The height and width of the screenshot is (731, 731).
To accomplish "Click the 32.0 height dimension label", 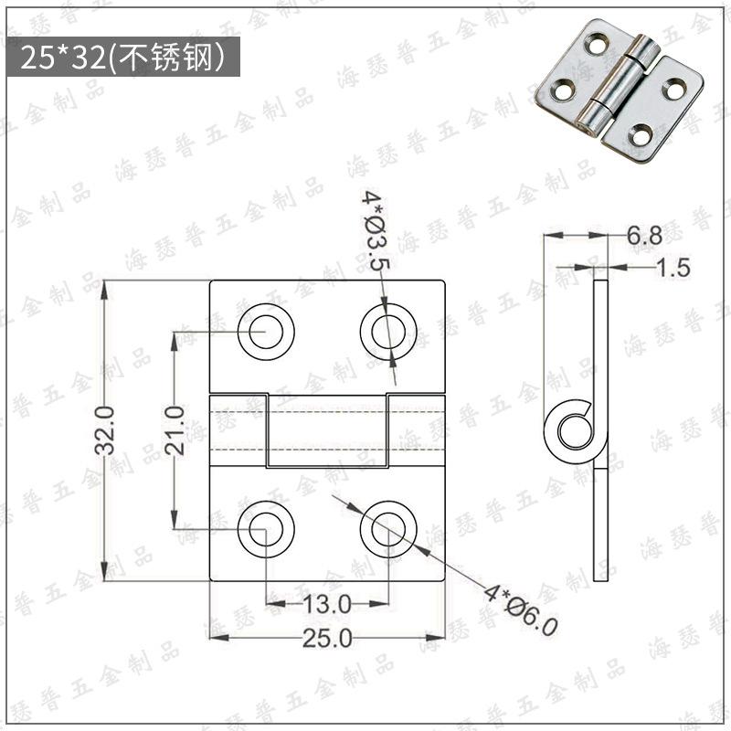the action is point(105,429).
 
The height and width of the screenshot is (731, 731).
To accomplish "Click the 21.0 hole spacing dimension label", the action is point(175,429).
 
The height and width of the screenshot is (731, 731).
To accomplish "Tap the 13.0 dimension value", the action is point(326,605).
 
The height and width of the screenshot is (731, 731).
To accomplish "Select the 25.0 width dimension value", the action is point(327,638).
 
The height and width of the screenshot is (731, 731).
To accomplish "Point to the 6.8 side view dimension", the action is point(644,236).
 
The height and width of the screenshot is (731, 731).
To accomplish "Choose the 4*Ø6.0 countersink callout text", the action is point(520,610).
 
